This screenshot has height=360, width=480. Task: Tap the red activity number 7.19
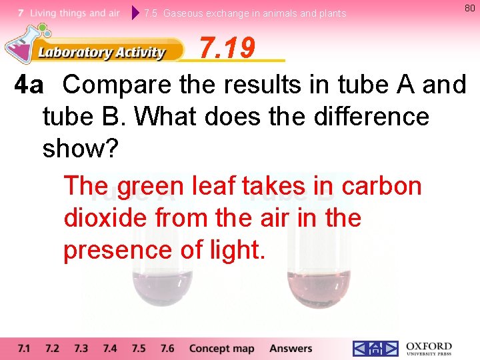pyautogui.click(x=227, y=48)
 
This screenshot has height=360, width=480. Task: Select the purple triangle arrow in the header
pyautogui.click(x=136, y=13)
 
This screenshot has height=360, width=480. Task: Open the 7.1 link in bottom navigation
pyautogui.click(x=24, y=349)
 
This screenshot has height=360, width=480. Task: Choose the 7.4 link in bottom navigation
pyautogui.click(x=110, y=349)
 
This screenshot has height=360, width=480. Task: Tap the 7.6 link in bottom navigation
pyautogui.click(x=167, y=349)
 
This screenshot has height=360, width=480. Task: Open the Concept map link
pyautogui.click(x=222, y=349)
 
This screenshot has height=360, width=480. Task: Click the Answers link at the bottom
pyautogui.click(x=291, y=349)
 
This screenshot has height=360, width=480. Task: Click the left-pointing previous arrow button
pyautogui.click(x=360, y=349)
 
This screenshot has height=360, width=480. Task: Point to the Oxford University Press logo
pyautogui.click(x=429, y=349)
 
